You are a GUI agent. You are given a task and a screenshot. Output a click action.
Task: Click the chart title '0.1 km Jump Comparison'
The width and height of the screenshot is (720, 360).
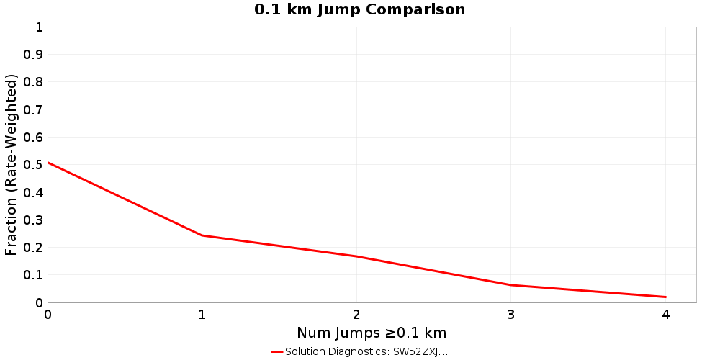tap(359, 9)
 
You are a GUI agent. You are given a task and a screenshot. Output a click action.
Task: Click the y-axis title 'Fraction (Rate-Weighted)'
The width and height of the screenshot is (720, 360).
tap(11, 165)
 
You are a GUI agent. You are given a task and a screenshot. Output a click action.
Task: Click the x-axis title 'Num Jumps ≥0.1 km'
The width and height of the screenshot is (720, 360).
tap(372, 333)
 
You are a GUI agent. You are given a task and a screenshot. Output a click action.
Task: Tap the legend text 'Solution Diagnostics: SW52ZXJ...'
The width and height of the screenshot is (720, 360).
tap(366, 351)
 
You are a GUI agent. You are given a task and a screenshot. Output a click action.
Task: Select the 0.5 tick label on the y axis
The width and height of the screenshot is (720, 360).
tap(33, 165)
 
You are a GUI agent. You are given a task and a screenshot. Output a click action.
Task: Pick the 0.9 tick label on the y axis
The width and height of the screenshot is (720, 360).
tap(33, 55)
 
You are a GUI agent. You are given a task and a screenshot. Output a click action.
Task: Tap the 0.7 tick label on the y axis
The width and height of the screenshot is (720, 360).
tap(33, 109)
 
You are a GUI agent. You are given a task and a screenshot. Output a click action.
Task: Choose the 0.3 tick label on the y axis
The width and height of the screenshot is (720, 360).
tap(33, 220)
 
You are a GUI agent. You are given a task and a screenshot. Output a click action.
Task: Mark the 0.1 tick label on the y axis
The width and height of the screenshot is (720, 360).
tap(33, 275)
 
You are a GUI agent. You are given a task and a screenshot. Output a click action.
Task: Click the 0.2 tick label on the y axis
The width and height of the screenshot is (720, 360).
tap(33, 247)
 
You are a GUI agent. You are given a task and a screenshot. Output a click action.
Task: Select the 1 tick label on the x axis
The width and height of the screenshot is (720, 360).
tap(202, 315)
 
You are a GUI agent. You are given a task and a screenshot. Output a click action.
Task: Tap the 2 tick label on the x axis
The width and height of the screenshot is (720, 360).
tap(356, 315)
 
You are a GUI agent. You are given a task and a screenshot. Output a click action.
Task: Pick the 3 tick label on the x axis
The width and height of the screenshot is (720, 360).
tap(511, 315)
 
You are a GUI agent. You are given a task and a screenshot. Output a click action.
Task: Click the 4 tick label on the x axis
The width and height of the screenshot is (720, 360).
tap(665, 315)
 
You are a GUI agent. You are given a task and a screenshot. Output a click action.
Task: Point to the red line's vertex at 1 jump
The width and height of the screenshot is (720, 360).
tap(202, 235)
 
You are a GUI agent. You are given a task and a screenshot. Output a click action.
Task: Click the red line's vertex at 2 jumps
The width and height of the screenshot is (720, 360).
tap(356, 256)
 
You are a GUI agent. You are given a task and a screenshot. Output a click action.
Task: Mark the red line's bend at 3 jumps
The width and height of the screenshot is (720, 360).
tap(511, 285)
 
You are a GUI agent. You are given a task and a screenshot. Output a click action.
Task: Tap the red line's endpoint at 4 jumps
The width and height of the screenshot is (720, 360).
tap(665, 297)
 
